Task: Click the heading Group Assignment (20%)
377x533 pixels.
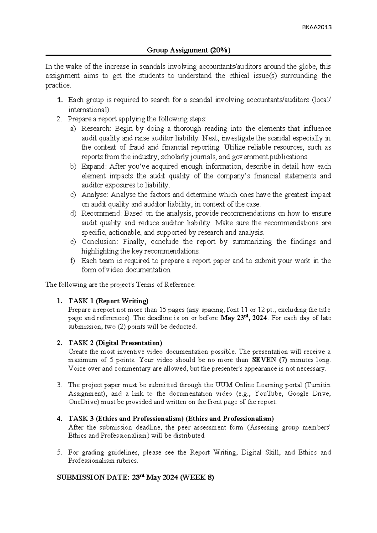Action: [x=188, y=50]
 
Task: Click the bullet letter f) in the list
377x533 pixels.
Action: [x=73, y=261]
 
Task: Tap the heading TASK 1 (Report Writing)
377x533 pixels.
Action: [x=108, y=301]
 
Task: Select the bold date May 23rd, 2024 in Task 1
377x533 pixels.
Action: [x=244, y=318]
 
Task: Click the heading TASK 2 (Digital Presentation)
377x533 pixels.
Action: [x=115, y=343]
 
